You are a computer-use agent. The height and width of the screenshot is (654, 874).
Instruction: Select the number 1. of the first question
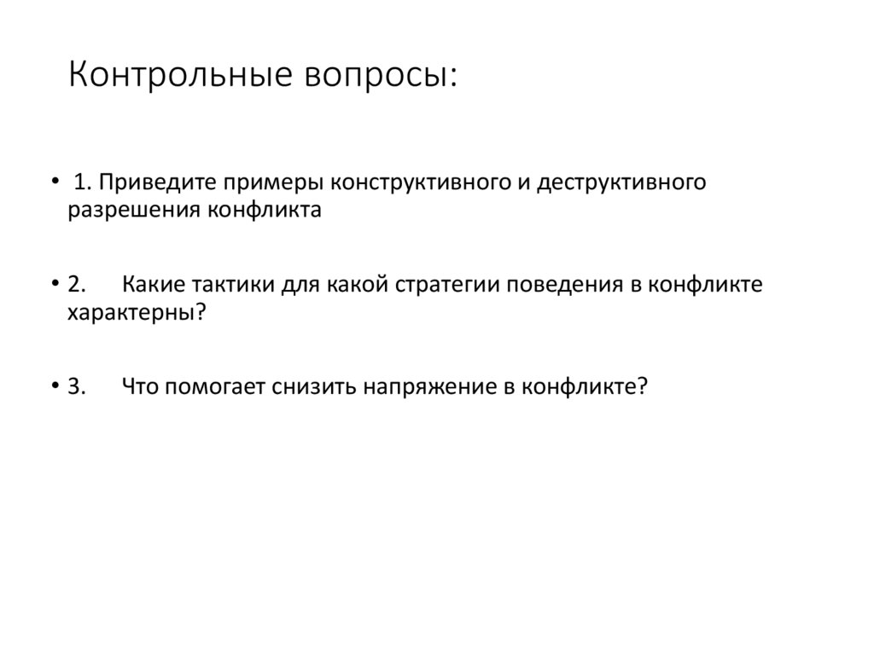click(x=83, y=183)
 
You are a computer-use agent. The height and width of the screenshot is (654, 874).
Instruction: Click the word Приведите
click(x=159, y=183)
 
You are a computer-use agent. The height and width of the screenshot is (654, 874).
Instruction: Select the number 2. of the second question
click(x=76, y=285)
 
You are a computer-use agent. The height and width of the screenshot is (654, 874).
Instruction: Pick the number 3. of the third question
click(x=76, y=386)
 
